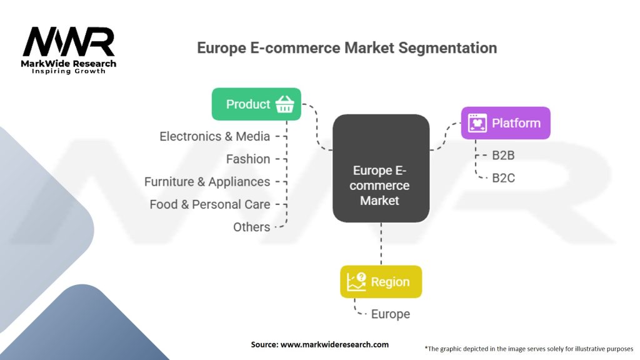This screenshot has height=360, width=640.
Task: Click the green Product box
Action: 256,104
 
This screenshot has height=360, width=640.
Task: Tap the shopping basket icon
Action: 284,104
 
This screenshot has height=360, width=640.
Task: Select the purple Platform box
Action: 506,123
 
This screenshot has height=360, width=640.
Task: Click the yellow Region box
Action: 381,282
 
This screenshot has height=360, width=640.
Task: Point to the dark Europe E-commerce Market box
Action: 381,168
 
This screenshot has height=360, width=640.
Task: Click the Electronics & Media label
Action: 215,136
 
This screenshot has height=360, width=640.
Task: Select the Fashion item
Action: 248,159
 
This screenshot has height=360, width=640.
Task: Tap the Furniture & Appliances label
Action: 207,182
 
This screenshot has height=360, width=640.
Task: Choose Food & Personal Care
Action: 210,204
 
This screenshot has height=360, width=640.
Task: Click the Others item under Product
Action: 251,227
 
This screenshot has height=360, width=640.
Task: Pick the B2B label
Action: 503,156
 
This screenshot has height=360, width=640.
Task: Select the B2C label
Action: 503,178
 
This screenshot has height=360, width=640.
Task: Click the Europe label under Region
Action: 391,314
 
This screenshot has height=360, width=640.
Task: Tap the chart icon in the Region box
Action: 356,282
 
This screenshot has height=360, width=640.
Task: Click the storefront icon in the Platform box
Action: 477,123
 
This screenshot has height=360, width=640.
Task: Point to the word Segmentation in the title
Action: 447,47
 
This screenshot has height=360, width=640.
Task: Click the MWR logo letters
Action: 69,42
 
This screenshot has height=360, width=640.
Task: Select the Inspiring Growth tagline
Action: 69,71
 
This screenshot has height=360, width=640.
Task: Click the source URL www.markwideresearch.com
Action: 335,344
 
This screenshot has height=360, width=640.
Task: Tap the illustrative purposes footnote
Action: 529,349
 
